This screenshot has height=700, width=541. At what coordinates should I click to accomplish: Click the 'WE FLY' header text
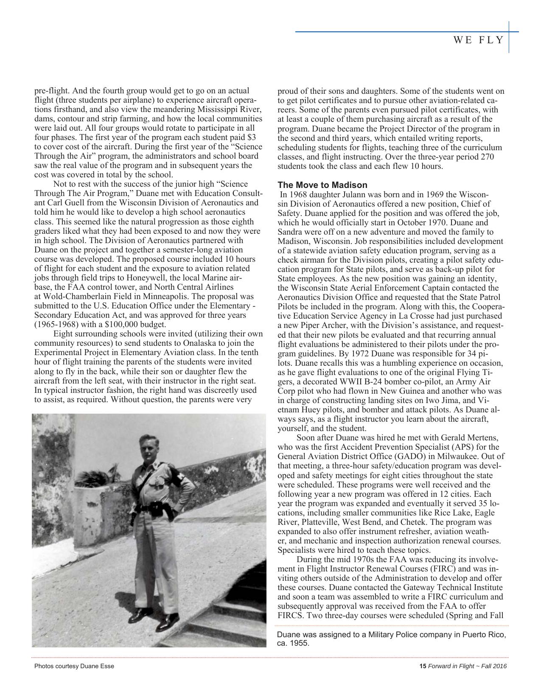point(478,40)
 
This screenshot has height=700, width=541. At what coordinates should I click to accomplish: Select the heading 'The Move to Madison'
point(322,185)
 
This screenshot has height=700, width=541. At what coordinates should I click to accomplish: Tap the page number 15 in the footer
point(422,666)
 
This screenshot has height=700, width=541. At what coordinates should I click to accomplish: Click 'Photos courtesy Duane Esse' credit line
point(74,666)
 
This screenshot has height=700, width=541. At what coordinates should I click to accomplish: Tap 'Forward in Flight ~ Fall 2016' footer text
point(467,666)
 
